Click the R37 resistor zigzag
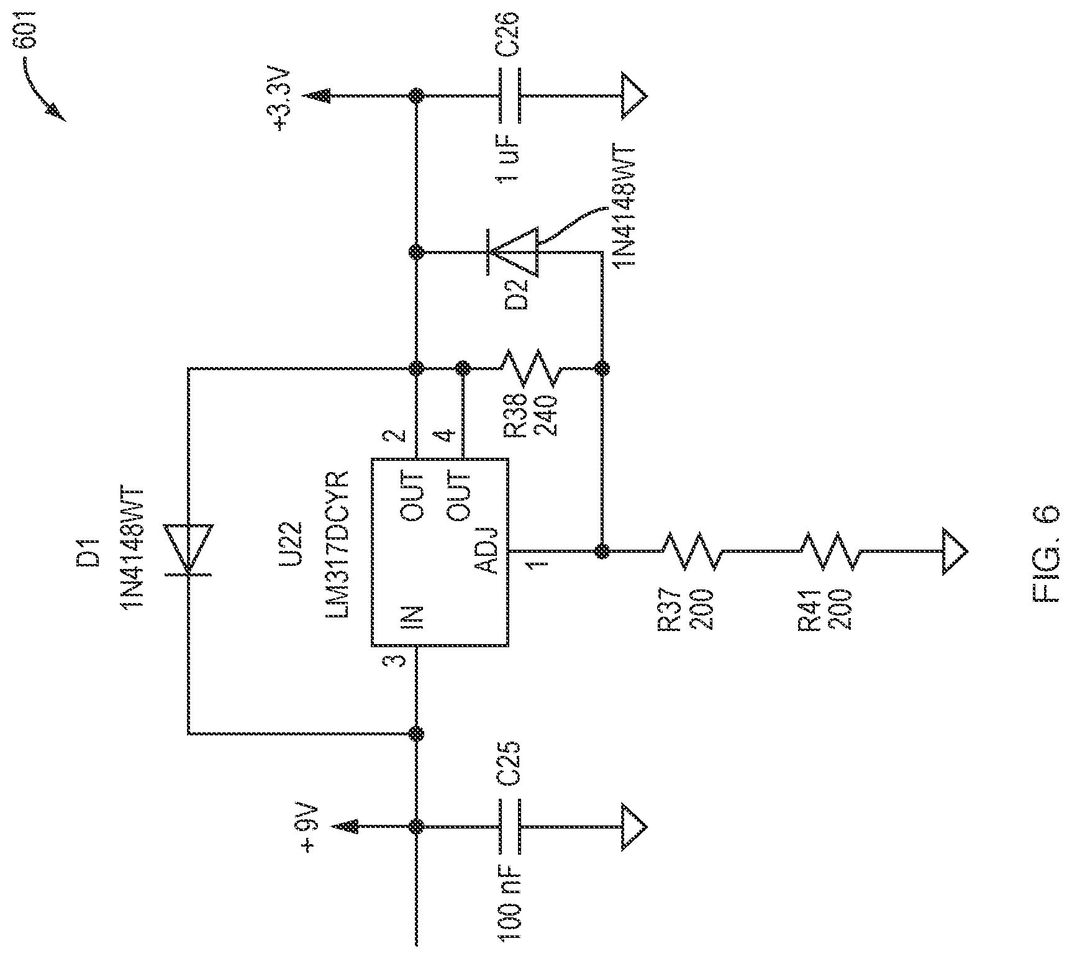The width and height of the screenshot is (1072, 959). pyautogui.click(x=691, y=550)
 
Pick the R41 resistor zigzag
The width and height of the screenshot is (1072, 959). pyautogui.click(x=830, y=550)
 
